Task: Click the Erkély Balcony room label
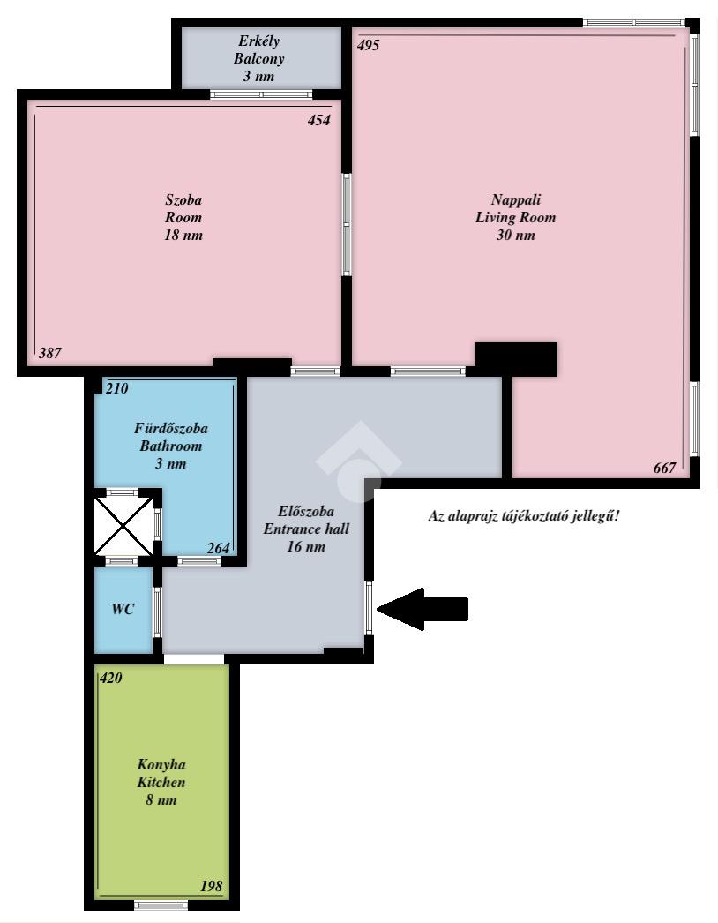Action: click(x=259, y=58)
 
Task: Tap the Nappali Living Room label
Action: click(x=515, y=217)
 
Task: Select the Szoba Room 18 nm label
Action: click(x=183, y=217)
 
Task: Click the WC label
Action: click(x=123, y=609)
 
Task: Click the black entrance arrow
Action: click(x=423, y=609)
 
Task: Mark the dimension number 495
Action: click(x=369, y=45)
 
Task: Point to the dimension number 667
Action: click(x=664, y=468)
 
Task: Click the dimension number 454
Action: click(x=319, y=120)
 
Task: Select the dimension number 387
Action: click(x=50, y=353)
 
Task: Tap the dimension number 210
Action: click(x=116, y=388)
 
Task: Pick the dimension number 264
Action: click(x=219, y=548)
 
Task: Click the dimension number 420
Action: click(x=110, y=678)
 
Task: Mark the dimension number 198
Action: click(x=212, y=886)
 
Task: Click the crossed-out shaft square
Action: click(x=123, y=526)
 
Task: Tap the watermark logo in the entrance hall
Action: click(x=358, y=461)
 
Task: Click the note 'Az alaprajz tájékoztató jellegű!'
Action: click(x=524, y=516)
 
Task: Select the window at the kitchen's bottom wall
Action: click(x=161, y=904)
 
